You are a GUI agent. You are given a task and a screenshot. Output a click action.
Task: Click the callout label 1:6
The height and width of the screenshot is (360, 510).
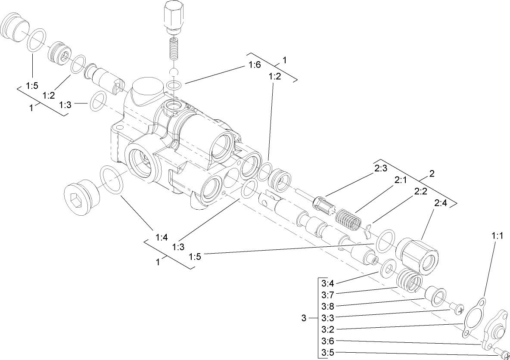(x=255, y=65)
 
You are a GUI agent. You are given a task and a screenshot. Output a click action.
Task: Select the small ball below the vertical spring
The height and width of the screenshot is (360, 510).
(x=174, y=71)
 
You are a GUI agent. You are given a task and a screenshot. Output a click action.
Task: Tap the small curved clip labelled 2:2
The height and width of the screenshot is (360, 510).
(x=367, y=231)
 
